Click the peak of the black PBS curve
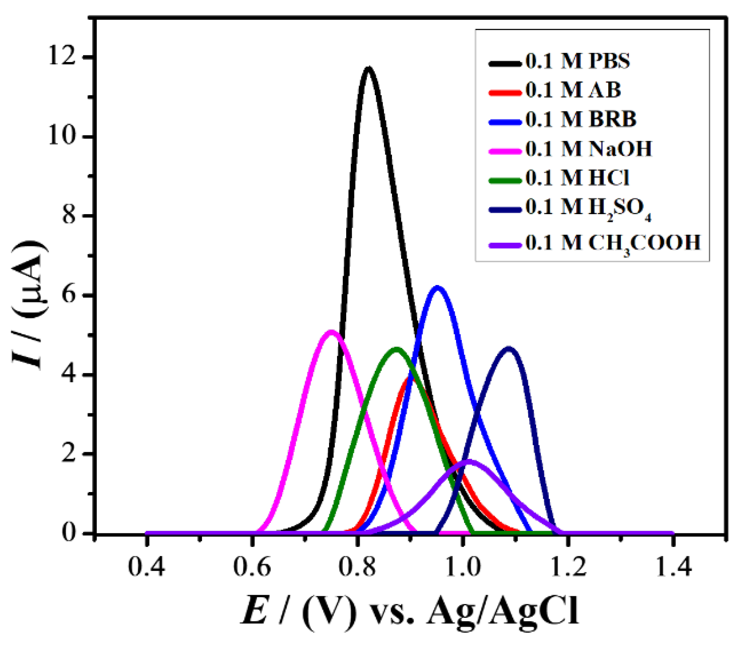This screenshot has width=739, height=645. tap(368, 69)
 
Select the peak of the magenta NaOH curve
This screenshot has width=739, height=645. tap(331, 332)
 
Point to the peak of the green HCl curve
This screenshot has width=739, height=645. tap(396, 349)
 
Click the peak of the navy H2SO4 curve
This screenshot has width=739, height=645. tap(508, 349)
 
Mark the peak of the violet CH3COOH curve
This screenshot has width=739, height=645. tap(469, 461)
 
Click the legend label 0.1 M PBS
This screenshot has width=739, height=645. tap(578, 62)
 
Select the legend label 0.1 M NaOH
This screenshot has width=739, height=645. tap(589, 149)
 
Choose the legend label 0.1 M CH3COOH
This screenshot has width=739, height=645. tap(613, 243)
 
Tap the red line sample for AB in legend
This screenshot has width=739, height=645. tap(505, 91)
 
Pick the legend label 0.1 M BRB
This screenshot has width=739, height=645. tap(581, 119)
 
